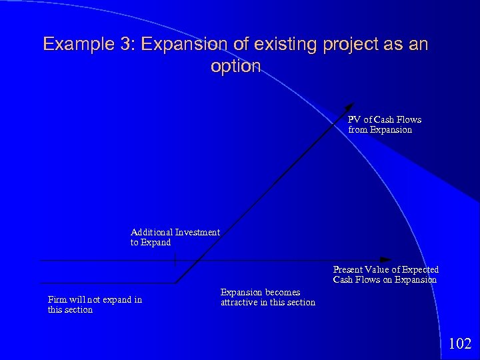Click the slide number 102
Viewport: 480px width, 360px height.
click(x=460, y=344)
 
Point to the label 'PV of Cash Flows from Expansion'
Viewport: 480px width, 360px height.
click(x=384, y=125)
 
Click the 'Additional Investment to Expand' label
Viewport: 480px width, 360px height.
click(x=175, y=237)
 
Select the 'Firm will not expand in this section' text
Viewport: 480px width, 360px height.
click(x=95, y=305)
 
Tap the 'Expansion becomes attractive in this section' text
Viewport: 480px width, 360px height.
click(x=267, y=297)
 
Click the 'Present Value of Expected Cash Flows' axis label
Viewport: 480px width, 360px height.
click(x=385, y=274)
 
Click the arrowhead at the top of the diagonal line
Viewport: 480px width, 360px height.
click(x=352, y=107)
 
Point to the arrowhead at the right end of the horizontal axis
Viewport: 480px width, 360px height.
click(x=385, y=259)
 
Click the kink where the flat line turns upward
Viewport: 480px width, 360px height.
click(x=176, y=283)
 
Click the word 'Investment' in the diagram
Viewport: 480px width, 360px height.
click(x=197, y=232)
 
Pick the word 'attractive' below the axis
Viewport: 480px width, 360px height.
click(x=242, y=303)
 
